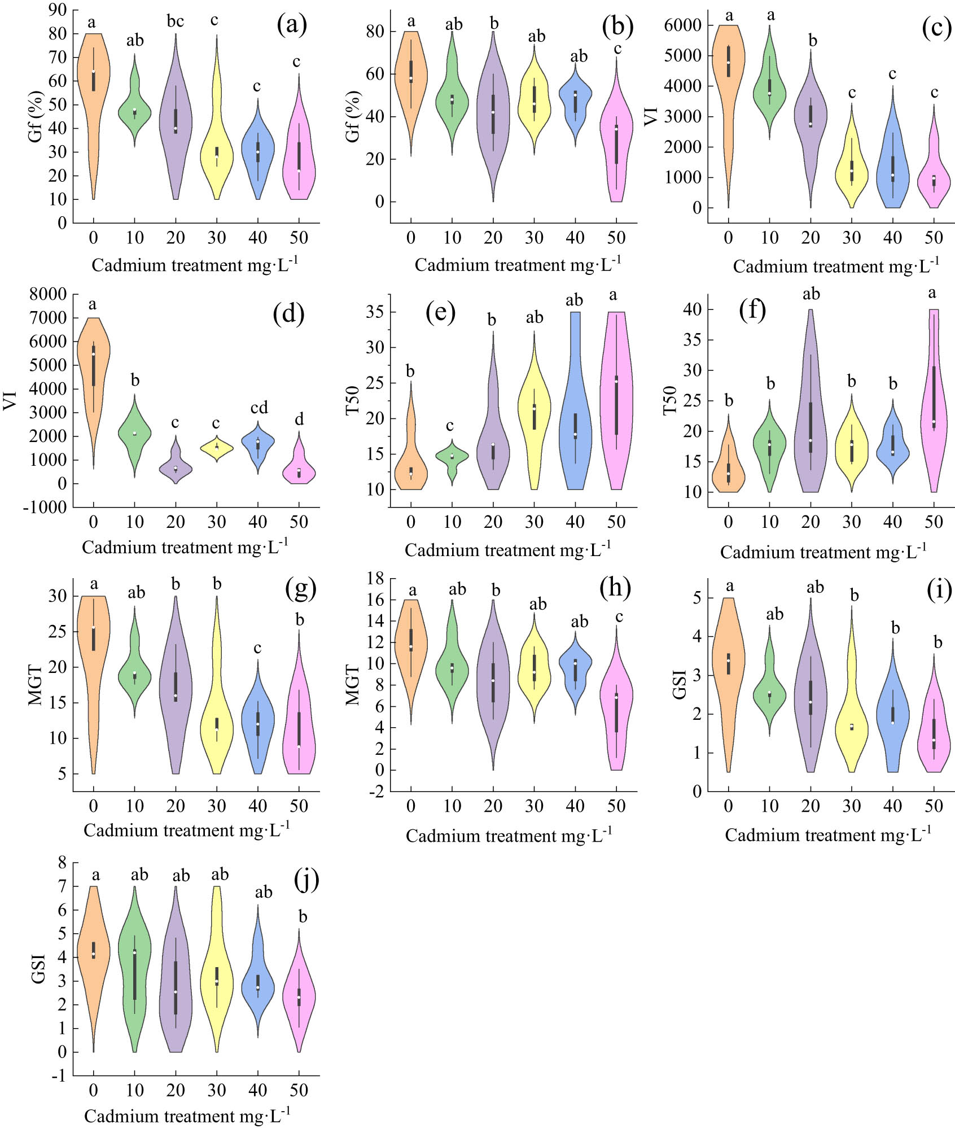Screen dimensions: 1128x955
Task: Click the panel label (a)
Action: coord(292,25)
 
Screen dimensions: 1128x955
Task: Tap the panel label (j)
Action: coord(306,879)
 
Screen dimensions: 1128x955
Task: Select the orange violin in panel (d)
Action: coord(94,373)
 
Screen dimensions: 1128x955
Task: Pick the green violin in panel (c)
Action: coord(769,90)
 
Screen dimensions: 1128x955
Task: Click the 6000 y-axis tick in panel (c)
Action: coord(683,25)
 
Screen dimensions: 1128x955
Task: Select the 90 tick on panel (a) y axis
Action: coord(57,10)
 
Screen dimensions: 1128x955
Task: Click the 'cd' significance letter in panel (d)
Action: coord(259,408)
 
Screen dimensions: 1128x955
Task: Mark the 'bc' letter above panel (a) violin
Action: coord(176,21)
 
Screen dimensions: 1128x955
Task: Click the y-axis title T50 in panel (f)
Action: coord(670,400)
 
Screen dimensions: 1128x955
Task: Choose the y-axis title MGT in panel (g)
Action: coord(36,685)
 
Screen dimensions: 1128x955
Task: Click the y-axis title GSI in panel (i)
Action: coord(680,684)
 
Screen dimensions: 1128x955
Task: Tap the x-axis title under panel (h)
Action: coord(509,836)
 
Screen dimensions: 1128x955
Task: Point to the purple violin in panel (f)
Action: coord(811,429)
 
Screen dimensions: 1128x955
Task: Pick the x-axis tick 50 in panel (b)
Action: coord(616,238)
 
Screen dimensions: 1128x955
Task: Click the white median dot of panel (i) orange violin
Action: coord(729,661)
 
